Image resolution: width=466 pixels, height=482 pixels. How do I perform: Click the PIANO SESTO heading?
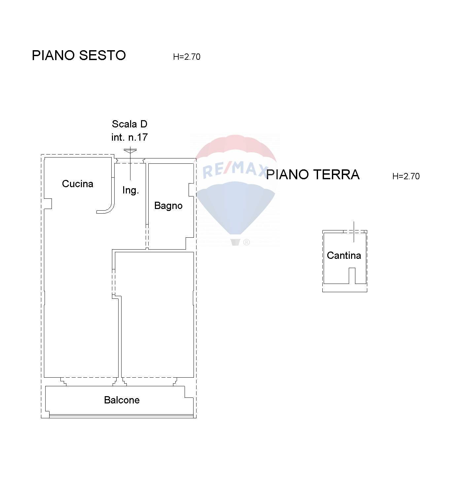click(x=79, y=55)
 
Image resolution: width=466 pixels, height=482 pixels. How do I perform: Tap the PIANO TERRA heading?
click(x=313, y=175)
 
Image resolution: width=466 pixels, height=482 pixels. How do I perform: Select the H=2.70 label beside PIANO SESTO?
click(x=187, y=57)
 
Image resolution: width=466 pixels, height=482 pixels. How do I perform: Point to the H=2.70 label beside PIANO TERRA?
click(x=406, y=176)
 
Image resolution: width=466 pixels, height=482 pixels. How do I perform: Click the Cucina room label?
click(x=78, y=184)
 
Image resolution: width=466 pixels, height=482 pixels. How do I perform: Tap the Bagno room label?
click(x=168, y=206)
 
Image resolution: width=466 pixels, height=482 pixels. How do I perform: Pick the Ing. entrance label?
click(x=130, y=190)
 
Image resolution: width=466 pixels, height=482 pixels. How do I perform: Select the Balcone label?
click(x=122, y=400)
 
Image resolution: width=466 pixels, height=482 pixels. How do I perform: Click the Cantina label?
click(x=344, y=256)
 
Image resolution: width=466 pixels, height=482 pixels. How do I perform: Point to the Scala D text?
click(x=129, y=124)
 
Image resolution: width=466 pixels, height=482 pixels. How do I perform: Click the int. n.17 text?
click(x=129, y=137)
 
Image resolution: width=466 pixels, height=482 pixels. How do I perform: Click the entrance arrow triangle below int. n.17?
click(x=130, y=151)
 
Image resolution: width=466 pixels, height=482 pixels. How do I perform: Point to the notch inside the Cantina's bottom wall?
click(x=352, y=276)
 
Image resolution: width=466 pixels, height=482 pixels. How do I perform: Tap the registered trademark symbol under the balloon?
click(x=246, y=242)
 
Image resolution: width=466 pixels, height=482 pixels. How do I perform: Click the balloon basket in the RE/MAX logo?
click(x=235, y=242)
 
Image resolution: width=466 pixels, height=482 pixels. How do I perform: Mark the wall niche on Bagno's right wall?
click(x=191, y=190)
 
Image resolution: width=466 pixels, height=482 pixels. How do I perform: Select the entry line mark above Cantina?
click(x=354, y=231)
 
